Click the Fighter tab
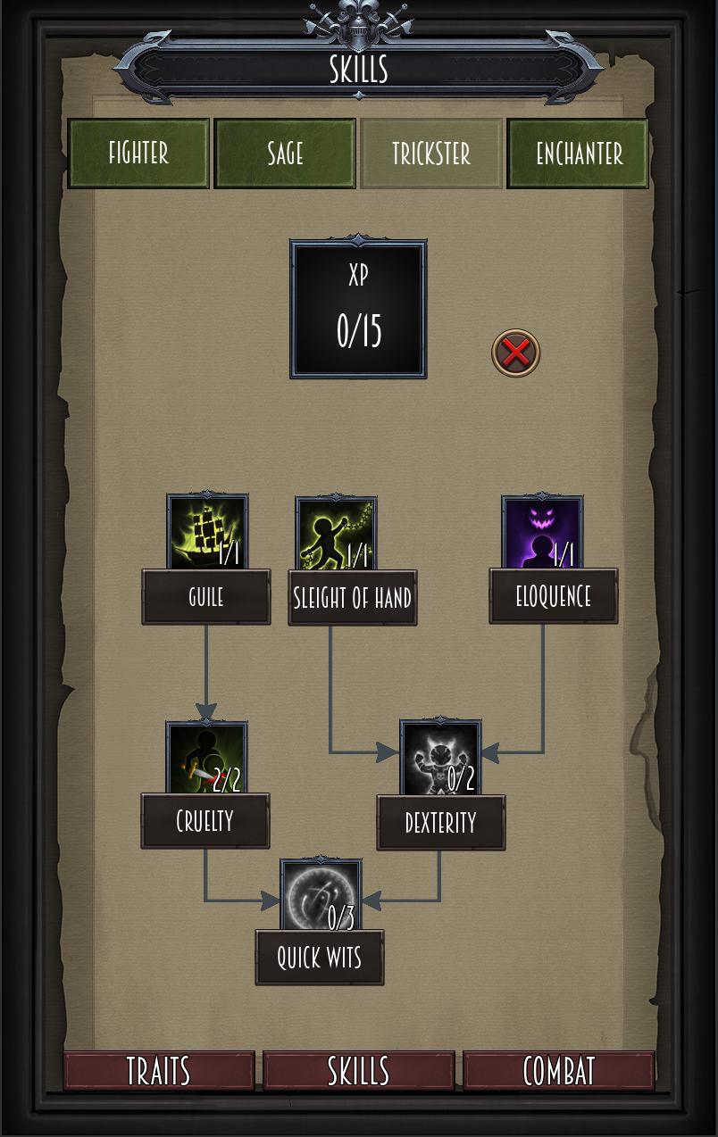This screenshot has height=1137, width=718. coord(138,154)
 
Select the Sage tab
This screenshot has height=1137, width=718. coord(285,154)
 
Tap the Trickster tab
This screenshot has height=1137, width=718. coord(431,154)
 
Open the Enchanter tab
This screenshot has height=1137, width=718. coord(578,154)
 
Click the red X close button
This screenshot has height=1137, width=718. coord(516,353)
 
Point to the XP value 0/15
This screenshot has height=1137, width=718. coord(358,330)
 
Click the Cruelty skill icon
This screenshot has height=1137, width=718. coord(206,759)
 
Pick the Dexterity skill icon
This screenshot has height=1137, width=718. coord(440,759)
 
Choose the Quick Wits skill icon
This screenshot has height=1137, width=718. coord(321,896)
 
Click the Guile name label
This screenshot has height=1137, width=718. coord(206,597)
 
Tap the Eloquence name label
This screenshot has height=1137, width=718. coord(553,597)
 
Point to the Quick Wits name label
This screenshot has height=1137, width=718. coord(320,958)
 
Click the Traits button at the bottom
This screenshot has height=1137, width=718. coord(159,1071)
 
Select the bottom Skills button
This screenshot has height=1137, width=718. coord(358,1071)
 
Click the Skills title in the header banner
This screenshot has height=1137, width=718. coord(358,69)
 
